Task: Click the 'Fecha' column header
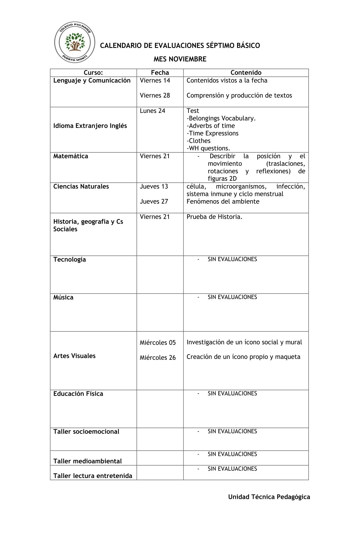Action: (x=160, y=73)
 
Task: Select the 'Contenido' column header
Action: (x=246, y=73)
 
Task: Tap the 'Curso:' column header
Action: (x=93, y=73)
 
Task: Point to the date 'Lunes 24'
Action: (x=152, y=111)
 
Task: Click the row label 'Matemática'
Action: (x=71, y=156)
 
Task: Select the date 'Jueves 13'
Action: (x=154, y=186)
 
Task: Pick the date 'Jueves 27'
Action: (x=154, y=201)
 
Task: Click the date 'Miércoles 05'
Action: (x=158, y=342)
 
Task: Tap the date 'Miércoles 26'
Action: (x=158, y=357)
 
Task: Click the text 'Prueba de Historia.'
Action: (x=214, y=217)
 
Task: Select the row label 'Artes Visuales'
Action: (x=74, y=356)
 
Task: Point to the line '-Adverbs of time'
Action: (x=211, y=126)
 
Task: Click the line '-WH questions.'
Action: (x=208, y=148)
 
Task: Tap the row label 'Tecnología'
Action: (x=69, y=259)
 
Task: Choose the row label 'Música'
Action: (x=63, y=297)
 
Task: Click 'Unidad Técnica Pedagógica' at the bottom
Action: (x=269, y=496)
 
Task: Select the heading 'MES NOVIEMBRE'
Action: (x=180, y=59)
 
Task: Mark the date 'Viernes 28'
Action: (x=155, y=96)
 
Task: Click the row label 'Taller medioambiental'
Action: (x=87, y=461)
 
